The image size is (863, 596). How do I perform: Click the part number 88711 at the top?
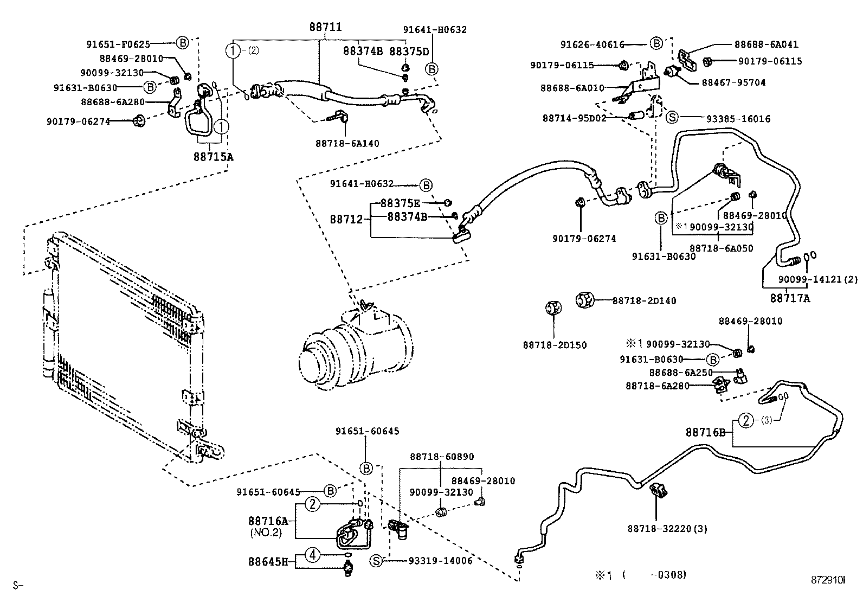pyautogui.click(x=326, y=27)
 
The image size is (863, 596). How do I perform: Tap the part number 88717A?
pyautogui.click(x=790, y=298)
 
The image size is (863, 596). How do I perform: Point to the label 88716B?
pyautogui.click(x=705, y=432)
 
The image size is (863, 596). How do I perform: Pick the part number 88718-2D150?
pyautogui.click(x=555, y=345)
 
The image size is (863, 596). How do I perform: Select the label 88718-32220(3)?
pyautogui.click(x=667, y=528)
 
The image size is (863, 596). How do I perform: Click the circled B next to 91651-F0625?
pyautogui.click(x=182, y=43)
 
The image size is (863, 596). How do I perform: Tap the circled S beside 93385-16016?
pyautogui.click(x=672, y=118)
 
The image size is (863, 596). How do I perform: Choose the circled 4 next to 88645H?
pyautogui.click(x=313, y=554)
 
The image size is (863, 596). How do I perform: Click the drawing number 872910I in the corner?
pyautogui.click(x=827, y=580)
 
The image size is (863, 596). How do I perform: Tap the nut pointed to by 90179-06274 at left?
pyautogui.click(x=139, y=120)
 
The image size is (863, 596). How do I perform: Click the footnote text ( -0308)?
pyautogui.click(x=654, y=574)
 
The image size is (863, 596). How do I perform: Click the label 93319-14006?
pyautogui.click(x=440, y=561)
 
